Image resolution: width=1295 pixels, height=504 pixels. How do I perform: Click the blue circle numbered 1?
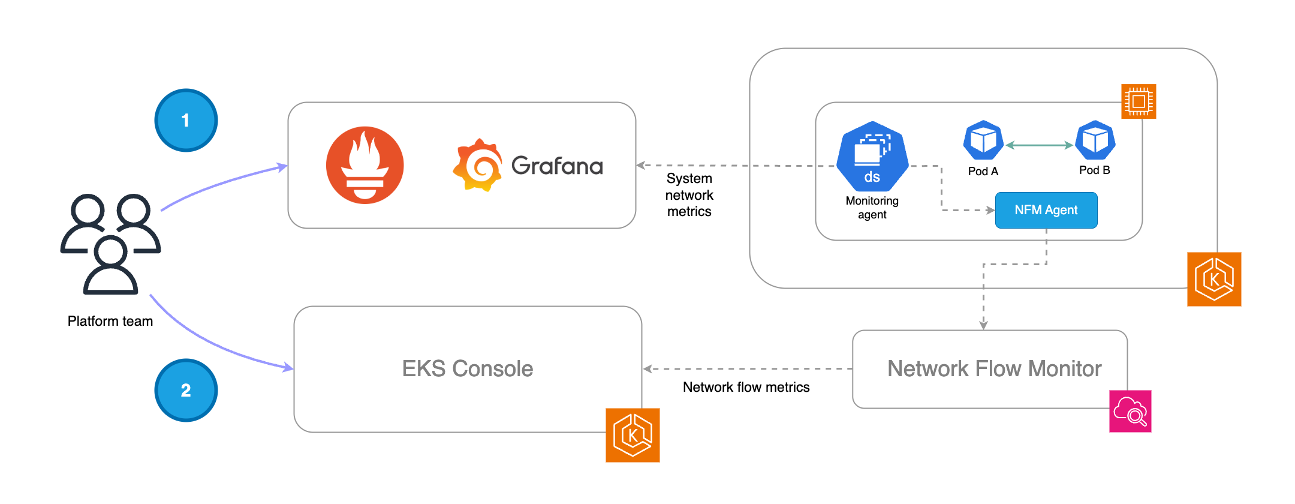coord(186,121)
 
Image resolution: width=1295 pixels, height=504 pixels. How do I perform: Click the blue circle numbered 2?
coord(186,391)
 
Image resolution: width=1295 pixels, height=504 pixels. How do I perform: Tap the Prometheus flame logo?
coord(365,165)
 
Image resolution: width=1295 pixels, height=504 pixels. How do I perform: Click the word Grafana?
coord(557,166)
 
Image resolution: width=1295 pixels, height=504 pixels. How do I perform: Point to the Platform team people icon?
coord(111,244)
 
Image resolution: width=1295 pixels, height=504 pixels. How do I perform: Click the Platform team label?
coord(110,321)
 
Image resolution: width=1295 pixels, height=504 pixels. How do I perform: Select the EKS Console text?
coord(467,368)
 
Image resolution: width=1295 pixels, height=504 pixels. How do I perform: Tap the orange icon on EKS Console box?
coord(633,435)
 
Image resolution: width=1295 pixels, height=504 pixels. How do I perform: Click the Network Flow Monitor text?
coord(994,368)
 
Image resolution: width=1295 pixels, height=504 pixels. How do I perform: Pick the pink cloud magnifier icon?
coord(1130,411)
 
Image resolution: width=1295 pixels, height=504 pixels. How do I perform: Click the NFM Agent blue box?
coord(1046,210)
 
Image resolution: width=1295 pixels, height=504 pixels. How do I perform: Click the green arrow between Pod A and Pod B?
coord(1039,145)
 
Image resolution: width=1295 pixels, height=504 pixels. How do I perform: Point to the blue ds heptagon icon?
coord(872,157)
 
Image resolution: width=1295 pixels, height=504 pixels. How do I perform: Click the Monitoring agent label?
coord(872,208)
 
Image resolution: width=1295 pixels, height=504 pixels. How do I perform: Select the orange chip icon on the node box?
coord(1139,101)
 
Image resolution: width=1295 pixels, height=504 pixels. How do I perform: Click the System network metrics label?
coord(689,195)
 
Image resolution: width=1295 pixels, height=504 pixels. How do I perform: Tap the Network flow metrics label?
coord(746,387)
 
